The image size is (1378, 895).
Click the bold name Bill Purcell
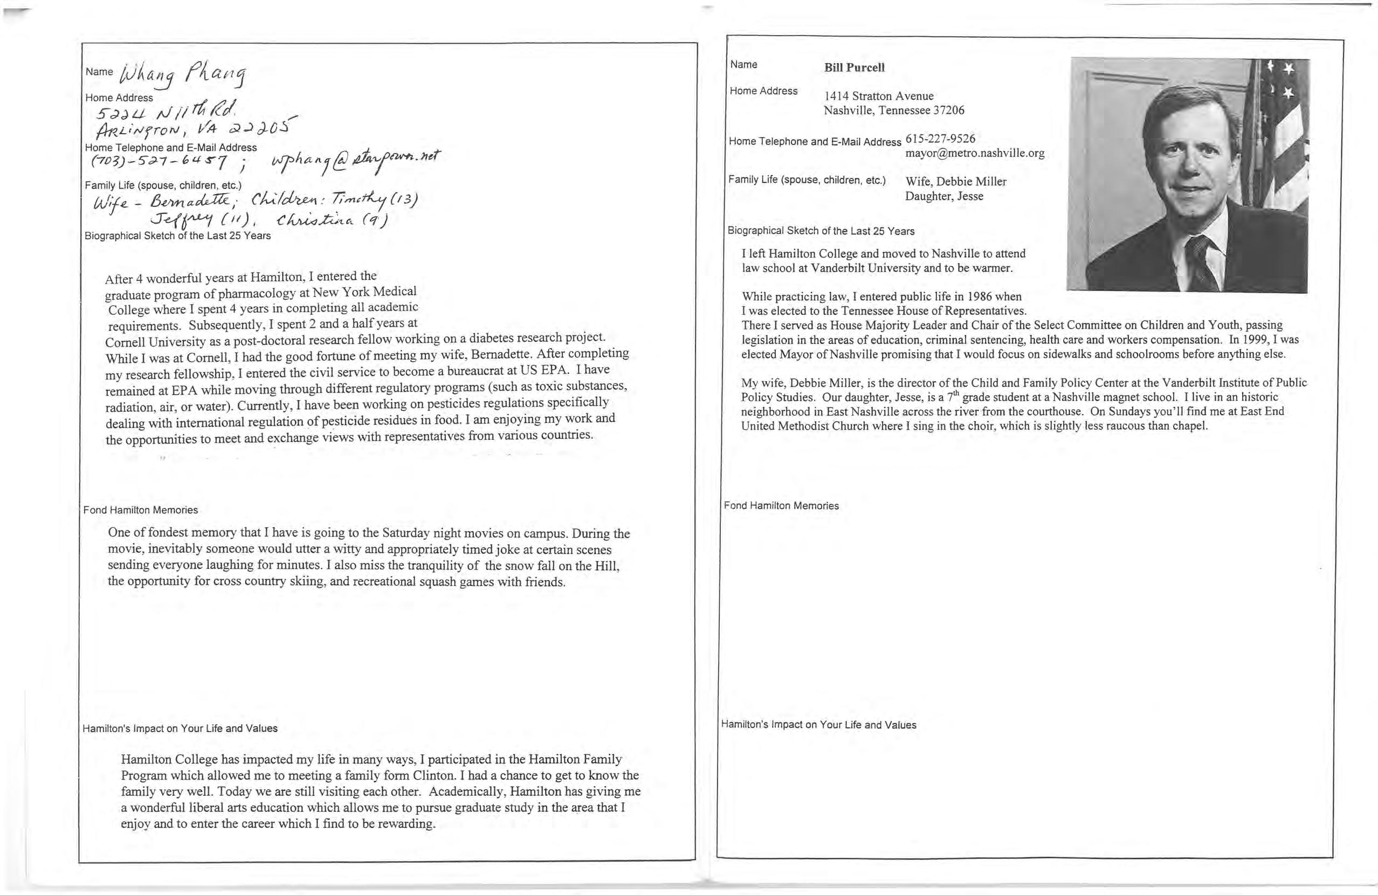point(854,67)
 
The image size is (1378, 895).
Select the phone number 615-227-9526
point(940,139)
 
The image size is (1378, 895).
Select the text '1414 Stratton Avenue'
point(878,96)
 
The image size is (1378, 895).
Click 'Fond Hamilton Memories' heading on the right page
point(781,506)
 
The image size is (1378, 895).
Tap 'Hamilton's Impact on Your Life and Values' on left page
point(180,728)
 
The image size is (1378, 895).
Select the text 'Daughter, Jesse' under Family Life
point(944,196)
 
